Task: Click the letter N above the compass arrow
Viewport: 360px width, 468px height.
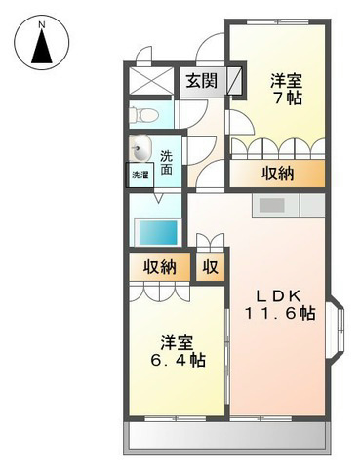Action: pyautogui.click(x=41, y=24)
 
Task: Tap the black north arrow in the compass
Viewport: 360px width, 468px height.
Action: pyautogui.click(x=42, y=47)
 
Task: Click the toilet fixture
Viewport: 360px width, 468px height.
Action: pyautogui.click(x=143, y=114)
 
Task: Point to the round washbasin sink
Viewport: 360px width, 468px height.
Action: pyautogui.click(x=140, y=148)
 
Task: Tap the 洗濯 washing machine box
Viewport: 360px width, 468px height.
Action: pyautogui.click(x=140, y=175)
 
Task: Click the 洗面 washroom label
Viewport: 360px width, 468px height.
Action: pyautogui.click(x=167, y=163)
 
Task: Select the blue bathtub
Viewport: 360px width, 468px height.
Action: pyautogui.click(x=157, y=233)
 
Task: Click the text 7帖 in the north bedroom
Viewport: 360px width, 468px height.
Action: pyautogui.click(x=287, y=97)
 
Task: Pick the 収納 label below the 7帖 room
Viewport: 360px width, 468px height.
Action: pyautogui.click(x=278, y=174)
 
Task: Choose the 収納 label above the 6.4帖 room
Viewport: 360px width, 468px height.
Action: pyautogui.click(x=160, y=267)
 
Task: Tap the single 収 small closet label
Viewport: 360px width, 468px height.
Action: pyautogui.click(x=211, y=267)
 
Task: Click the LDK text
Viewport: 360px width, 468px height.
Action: pyautogui.click(x=278, y=295)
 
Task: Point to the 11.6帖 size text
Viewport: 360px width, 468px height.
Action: pyautogui.click(x=280, y=313)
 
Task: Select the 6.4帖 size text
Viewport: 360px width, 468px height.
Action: pyautogui.click(x=178, y=360)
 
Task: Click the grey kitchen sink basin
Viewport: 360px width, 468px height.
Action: pyautogui.click(x=272, y=205)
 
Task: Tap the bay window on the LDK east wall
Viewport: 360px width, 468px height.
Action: pyautogui.click(x=336, y=331)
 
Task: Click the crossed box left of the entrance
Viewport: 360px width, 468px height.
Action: pyautogui.click(x=150, y=80)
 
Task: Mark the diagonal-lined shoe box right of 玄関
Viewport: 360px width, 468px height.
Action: pyautogui.click(x=234, y=80)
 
